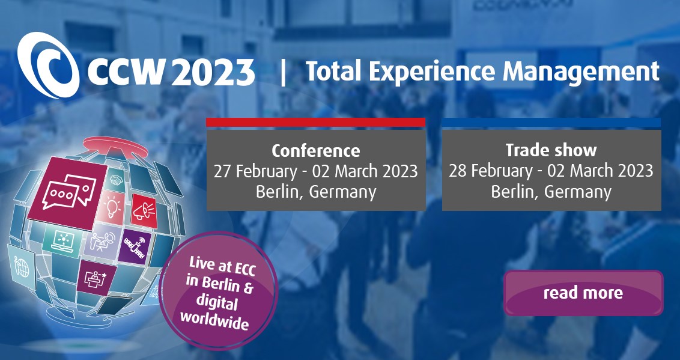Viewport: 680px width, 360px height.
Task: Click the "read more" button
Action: (583, 293)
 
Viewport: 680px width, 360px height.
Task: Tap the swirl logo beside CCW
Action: (49, 65)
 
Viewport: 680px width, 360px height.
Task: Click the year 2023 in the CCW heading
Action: (213, 72)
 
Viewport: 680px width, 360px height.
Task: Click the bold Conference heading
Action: (316, 150)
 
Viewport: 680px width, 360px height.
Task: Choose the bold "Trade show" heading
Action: (551, 150)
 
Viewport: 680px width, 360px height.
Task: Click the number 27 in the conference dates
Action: (222, 171)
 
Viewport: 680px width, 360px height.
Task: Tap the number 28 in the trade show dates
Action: (457, 171)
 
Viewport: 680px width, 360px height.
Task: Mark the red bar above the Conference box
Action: (316, 123)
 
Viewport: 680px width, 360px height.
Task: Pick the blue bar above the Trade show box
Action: (551, 123)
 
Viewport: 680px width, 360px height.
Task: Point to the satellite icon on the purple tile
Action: (134, 247)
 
